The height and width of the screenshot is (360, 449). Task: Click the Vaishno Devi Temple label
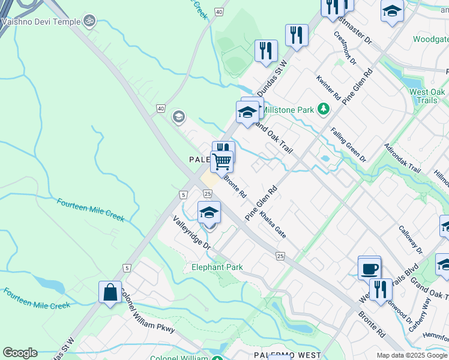click(x=41, y=22)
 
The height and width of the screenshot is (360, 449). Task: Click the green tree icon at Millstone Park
click(x=324, y=109)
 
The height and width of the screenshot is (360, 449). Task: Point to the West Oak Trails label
click(x=427, y=96)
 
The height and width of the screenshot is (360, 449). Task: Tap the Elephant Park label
click(x=217, y=267)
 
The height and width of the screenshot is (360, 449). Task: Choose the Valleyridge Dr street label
click(x=192, y=233)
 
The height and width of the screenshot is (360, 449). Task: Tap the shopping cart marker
click(x=221, y=160)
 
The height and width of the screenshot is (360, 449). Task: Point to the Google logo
click(x=20, y=353)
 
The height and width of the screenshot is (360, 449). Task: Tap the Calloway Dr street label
click(x=411, y=239)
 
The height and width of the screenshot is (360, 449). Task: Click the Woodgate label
click(x=431, y=40)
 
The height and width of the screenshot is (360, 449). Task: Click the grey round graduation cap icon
click(x=178, y=116)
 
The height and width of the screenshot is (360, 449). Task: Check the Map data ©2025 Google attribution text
click(x=412, y=355)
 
